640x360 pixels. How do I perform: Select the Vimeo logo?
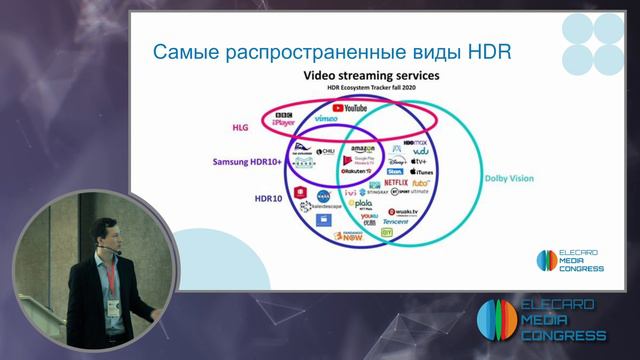pos(327,118)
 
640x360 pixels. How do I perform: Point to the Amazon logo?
pos(363,149)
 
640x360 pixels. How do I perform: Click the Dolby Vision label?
pos(510,180)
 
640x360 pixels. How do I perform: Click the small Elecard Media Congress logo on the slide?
pos(568,258)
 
